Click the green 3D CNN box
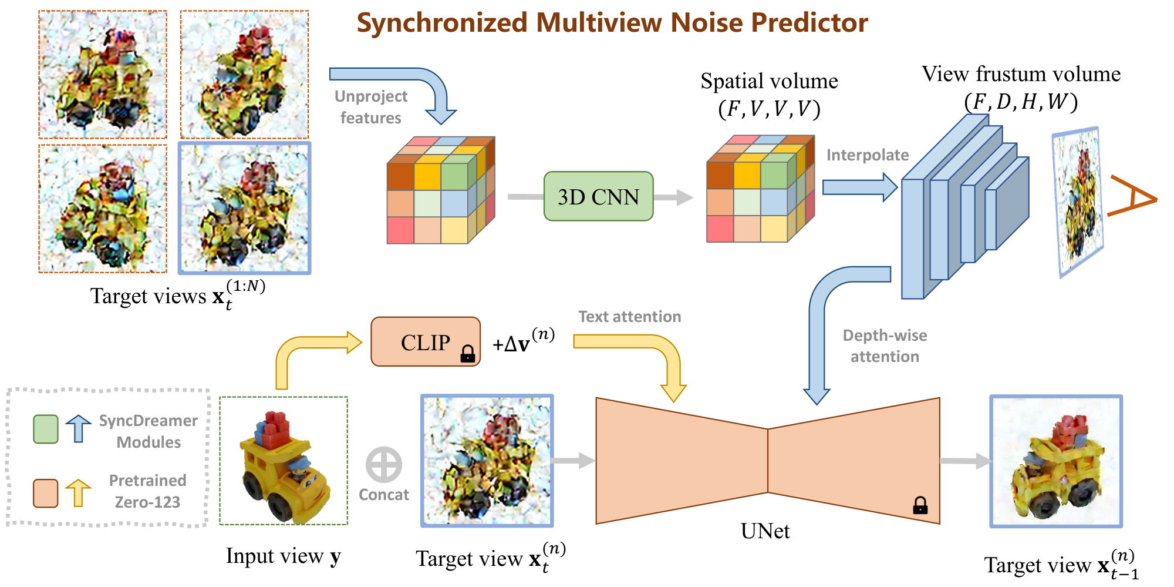point(598,196)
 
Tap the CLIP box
point(425,342)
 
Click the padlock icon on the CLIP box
point(467,353)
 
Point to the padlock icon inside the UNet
point(920,505)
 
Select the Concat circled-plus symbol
point(383,465)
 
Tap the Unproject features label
point(370,107)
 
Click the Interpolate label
point(867,155)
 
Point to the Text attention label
point(629,317)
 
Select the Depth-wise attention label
point(885,346)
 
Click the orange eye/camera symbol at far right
point(1132,196)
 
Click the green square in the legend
point(46,429)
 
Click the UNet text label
point(765,531)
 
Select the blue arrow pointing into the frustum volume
point(860,187)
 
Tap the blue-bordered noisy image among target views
point(244,208)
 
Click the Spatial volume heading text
point(769,82)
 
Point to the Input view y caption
point(283,556)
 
